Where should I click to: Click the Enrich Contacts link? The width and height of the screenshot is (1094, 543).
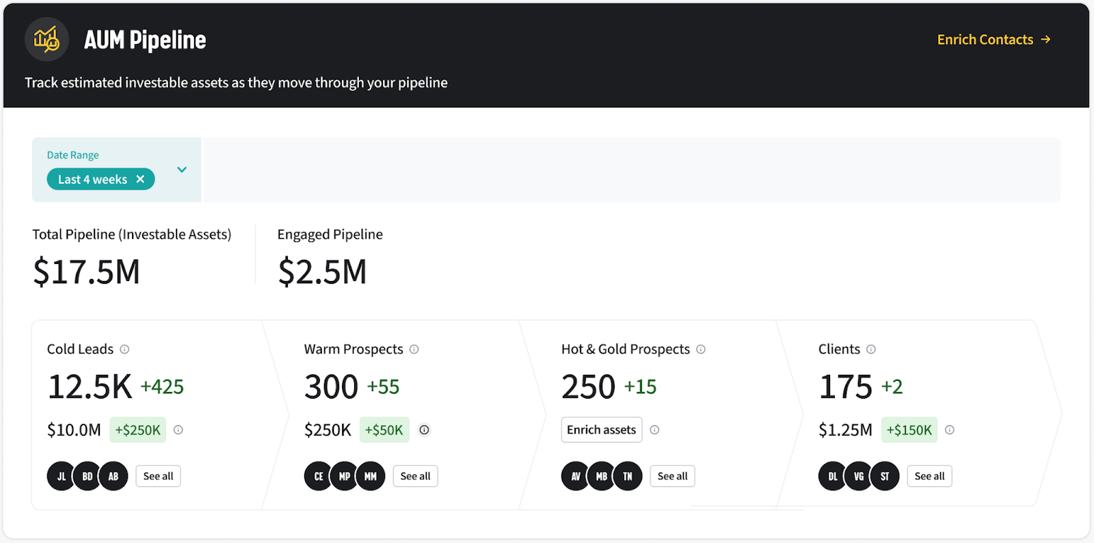pos(993,40)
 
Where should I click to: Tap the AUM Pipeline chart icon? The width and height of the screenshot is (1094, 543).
pos(46,40)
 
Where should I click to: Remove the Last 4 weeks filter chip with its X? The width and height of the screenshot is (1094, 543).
pos(140,179)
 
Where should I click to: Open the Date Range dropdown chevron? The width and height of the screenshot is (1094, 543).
pos(182,170)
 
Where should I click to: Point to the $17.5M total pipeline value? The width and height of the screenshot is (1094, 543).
pos(87,271)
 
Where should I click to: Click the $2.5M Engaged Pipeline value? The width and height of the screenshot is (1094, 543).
pos(322,271)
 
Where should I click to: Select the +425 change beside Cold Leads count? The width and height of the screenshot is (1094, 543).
pos(162,387)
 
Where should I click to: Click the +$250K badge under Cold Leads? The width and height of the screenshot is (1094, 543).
pos(137,430)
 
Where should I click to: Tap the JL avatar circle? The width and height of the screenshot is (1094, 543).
pos(61,477)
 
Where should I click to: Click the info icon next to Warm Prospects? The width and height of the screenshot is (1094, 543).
pos(414,349)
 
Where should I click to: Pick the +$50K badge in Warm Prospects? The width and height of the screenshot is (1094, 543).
pos(384,430)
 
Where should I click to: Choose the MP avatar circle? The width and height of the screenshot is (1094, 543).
pos(345,477)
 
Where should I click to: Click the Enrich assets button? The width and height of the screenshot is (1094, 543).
pos(601,430)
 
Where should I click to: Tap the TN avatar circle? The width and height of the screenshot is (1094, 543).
pos(628,477)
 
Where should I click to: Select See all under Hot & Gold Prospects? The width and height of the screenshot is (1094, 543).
pos(672,477)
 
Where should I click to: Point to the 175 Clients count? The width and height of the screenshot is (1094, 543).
pos(845,387)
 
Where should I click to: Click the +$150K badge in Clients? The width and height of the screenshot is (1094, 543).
pos(909,430)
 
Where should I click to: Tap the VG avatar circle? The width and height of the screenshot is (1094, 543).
pos(859,477)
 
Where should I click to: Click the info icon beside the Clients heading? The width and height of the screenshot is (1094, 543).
pos(871,349)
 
